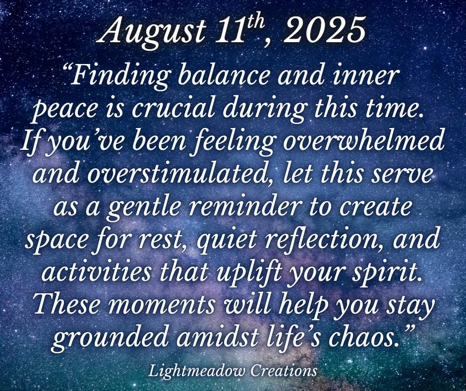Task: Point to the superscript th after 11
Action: click(253, 21)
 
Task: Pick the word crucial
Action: click(173, 109)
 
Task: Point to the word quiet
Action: click(227, 243)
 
